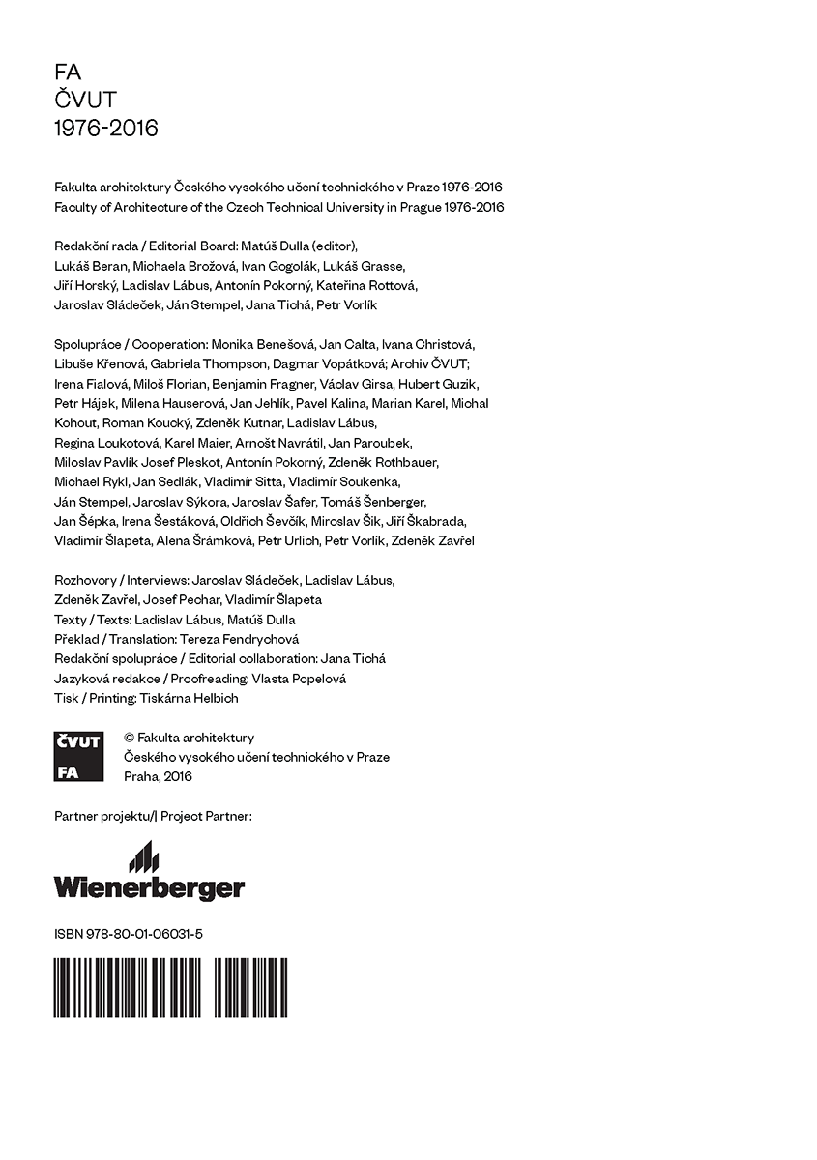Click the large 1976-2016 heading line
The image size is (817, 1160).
coord(106,129)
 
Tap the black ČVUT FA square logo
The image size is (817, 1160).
coord(79,757)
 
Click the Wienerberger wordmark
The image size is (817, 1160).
coord(149,887)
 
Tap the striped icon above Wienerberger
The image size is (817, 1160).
coord(143,856)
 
